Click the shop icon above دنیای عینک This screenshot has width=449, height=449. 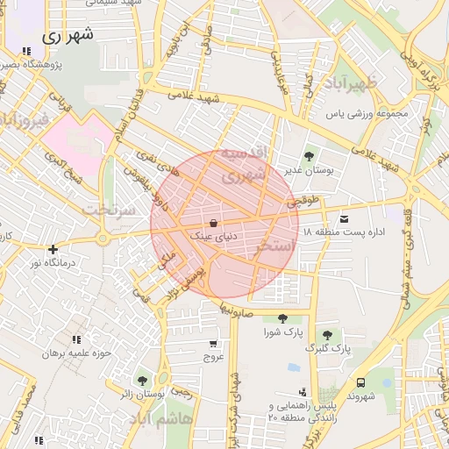215,223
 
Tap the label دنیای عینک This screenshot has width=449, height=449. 216,236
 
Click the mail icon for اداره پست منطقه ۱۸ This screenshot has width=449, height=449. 343,218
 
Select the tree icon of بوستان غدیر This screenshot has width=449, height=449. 307,156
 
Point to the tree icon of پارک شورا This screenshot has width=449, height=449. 282,319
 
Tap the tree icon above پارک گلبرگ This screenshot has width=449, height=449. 327,335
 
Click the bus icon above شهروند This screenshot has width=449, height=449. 360,382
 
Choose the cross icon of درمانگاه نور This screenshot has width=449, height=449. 53,250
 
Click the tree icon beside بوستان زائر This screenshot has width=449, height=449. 142,381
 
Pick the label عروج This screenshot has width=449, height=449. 215,357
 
